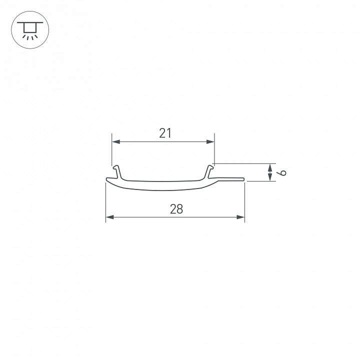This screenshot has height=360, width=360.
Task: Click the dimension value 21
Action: tap(165, 133)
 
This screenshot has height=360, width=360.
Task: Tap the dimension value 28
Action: tap(176, 209)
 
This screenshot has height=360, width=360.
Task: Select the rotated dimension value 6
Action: tap(283, 172)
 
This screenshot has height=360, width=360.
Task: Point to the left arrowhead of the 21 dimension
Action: tap(116, 142)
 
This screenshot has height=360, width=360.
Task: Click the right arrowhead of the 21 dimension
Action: tap(210, 142)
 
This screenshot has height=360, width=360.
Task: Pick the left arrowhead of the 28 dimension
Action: tap(109, 217)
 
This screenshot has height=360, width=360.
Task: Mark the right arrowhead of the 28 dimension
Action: tap(240, 217)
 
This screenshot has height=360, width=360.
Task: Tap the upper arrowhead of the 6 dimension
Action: tap(270, 168)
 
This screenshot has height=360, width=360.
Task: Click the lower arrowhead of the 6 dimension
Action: tap(270, 177)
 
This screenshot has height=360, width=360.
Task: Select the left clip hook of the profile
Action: tap(117, 171)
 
